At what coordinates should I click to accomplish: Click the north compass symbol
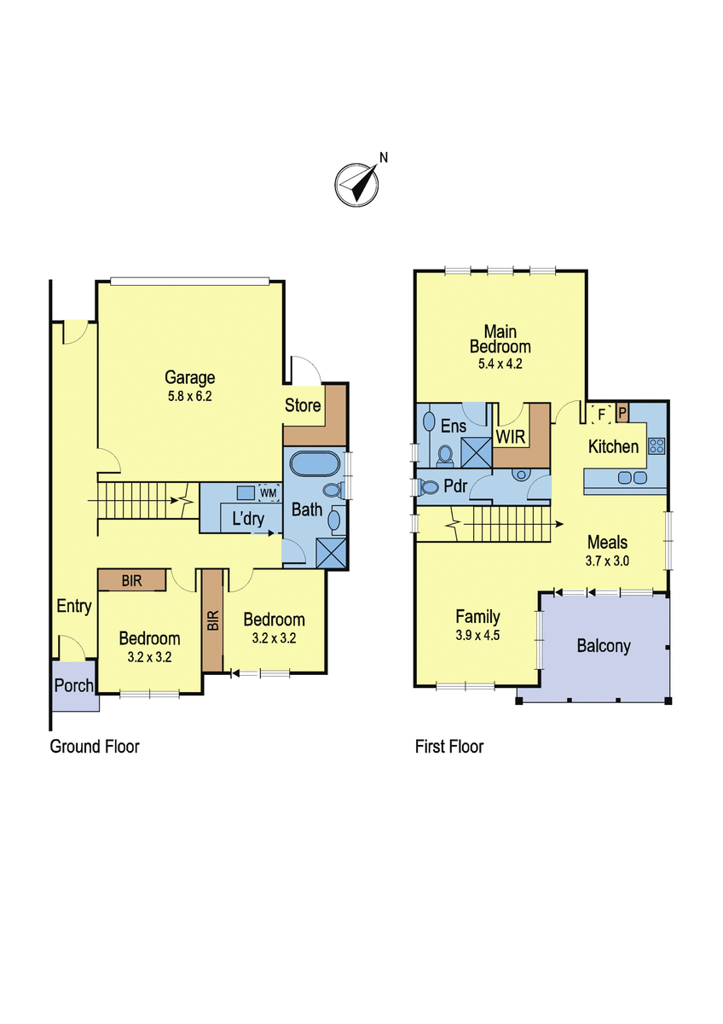point(356,184)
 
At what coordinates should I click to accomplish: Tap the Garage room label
point(189,377)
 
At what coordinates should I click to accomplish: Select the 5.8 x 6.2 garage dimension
point(189,396)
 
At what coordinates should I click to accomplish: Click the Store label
point(303,405)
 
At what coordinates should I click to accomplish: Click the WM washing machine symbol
point(269,493)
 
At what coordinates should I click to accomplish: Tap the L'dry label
point(248,519)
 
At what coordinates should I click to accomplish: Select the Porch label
point(73,685)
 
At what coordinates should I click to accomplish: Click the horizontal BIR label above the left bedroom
point(131,581)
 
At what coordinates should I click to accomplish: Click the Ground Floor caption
point(95,747)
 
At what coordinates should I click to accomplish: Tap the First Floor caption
point(449,747)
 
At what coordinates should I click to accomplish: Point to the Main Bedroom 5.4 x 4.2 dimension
point(500,364)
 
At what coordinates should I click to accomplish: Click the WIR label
point(510,438)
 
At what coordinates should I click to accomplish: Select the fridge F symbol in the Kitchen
point(601,414)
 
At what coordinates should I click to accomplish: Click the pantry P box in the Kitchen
point(622,413)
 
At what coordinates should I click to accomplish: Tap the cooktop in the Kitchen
point(656,446)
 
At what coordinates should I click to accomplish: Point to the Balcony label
point(604,647)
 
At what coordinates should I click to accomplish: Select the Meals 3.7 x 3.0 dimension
point(607,561)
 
